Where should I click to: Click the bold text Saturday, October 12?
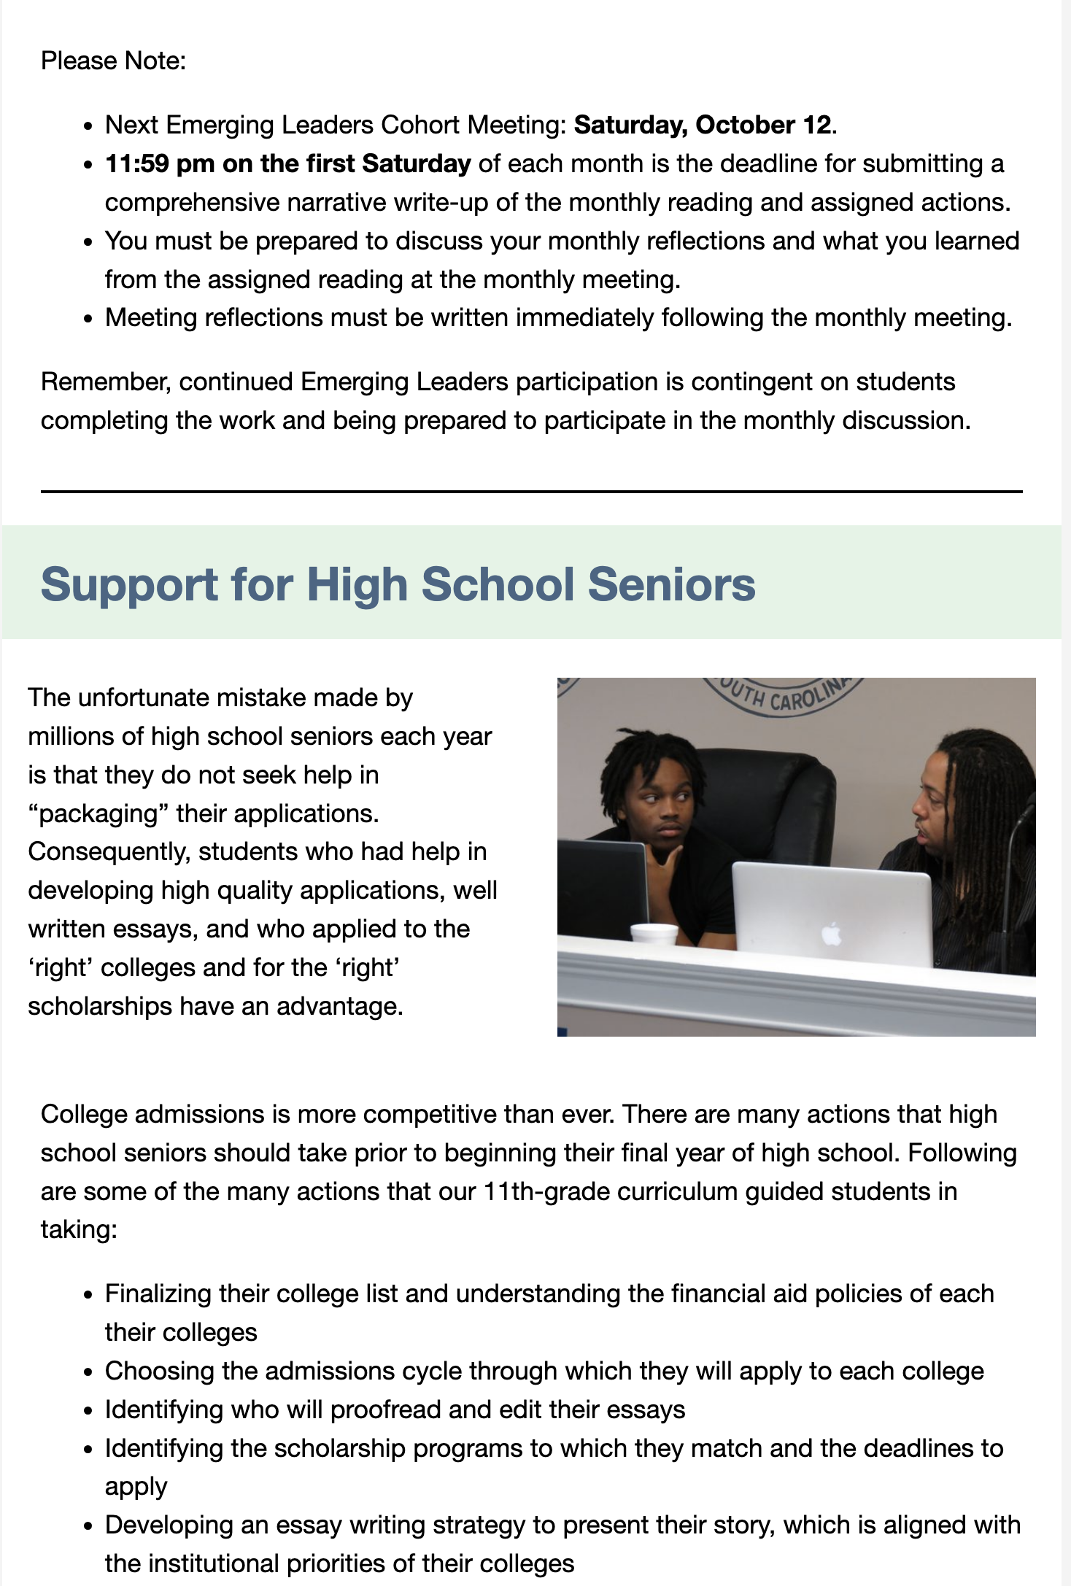(x=702, y=125)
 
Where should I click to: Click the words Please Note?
(x=113, y=61)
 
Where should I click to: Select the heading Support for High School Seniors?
(x=398, y=584)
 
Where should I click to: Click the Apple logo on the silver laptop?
(x=831, y=934)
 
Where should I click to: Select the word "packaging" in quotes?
(x=98, y=813)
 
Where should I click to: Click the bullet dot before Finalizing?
(x=88, y=1295)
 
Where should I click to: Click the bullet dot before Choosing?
(x=88, y=1372)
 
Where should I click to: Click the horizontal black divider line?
(x=531, y=492)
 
